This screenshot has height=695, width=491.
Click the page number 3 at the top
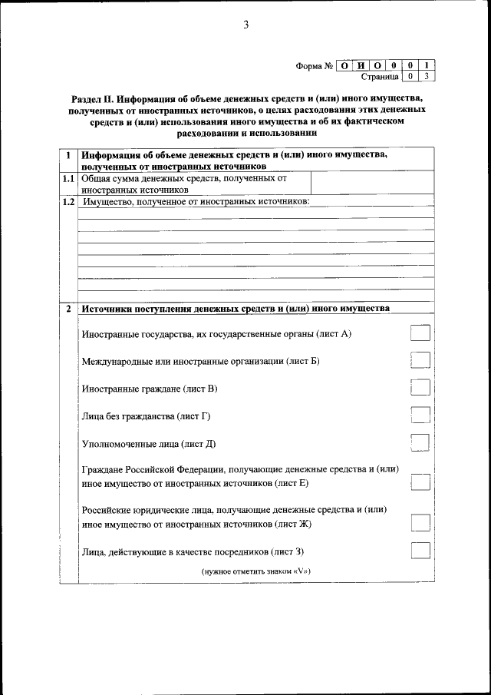pyautogui.click(x=245, y=25)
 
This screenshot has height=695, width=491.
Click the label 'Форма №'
pyautogui.click(x=314, y=65)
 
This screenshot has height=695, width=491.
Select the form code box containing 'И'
pyautogui.click(x=361, y=65)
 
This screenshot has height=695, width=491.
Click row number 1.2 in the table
pyautogui.click(x=68, y=202)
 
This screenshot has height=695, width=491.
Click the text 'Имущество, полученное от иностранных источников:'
pyautogui.click(x=196, y=202)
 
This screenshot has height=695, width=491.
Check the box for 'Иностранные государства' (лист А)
pyautogui.click(x=420, y=333)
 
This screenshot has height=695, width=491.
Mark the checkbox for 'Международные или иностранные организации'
pyautogui.click(x=420, y=360)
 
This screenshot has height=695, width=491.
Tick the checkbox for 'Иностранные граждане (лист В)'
pyautogui.click(x=420, y=388)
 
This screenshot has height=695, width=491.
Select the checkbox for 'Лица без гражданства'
pyautogui.click(x=420, y=415)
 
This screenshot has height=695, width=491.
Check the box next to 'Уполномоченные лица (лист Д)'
pyautogui.click(x=420, y=443)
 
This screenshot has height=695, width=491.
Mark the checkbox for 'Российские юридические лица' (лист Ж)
pyautogui.click(x=420, y=523)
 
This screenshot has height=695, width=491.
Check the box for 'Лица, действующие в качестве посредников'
pyautogui.click(x=420, y=551)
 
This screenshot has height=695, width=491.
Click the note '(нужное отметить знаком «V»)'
pyautogui.click(x=255, y=572)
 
